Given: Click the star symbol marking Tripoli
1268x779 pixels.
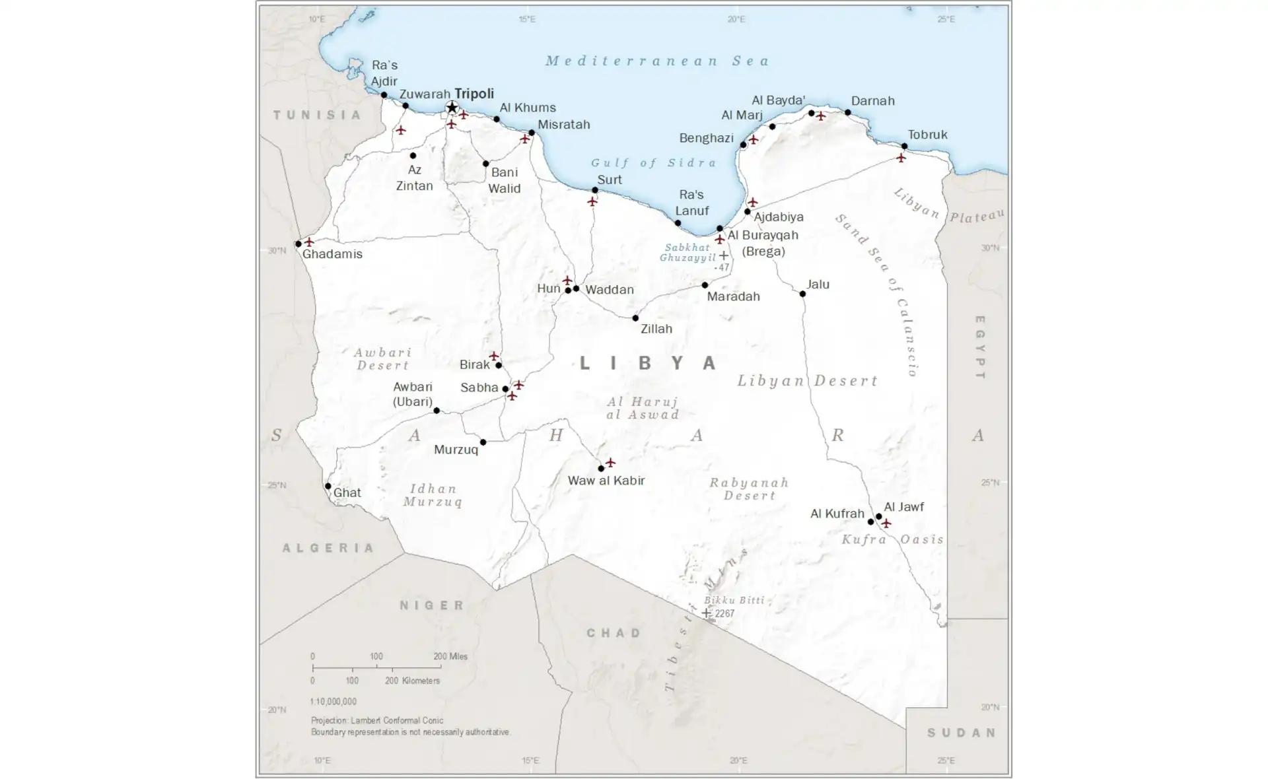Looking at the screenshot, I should (452, 108).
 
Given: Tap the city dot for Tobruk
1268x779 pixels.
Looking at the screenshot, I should (904, 146).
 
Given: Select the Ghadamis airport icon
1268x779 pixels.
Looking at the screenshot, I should (308, 242).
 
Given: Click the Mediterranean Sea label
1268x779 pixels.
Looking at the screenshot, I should (657, 61).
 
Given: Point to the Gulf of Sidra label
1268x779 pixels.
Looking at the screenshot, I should (653, 162).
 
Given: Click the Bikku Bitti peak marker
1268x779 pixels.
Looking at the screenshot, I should (706, 613).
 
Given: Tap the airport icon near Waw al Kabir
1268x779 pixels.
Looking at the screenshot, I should (610, 462).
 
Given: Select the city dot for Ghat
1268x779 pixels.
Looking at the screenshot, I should (328, 486).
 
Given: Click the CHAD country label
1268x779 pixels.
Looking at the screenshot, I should (614, 632).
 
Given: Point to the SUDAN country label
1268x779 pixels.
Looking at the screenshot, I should (962, 732).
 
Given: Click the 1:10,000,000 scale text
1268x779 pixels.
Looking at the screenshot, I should (334, 701).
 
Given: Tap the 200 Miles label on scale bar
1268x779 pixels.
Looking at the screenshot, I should (450, 656).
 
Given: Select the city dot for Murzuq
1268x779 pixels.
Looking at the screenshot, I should (483, 442).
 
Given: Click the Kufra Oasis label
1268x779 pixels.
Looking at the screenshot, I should (892, 539).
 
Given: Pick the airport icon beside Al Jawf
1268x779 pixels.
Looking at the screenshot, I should (886, 523).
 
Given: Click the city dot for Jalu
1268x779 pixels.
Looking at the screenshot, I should (802, 294).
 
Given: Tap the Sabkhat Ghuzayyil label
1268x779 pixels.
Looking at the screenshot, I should (687, 252).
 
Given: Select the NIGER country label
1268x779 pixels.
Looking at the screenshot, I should (433, 605).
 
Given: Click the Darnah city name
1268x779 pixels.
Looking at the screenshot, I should (872, 101).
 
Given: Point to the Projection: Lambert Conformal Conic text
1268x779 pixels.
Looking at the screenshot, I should (377, 720).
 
